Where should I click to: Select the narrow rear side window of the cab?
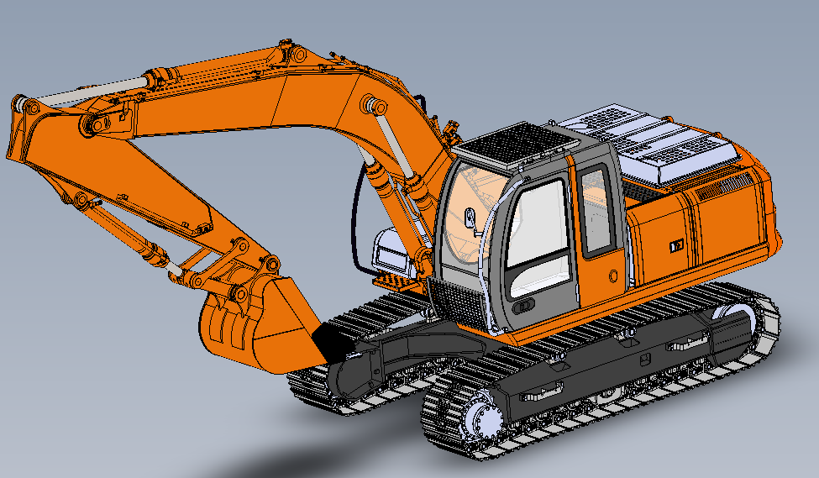click(596, 210)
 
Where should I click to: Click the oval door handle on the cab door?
click(524, 307)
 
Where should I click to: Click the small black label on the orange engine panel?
click(675, 246)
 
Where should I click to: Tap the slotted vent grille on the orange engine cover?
click(718, 187)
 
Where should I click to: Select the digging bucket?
click(252, 323)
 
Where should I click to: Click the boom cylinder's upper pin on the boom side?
click(374, 106)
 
